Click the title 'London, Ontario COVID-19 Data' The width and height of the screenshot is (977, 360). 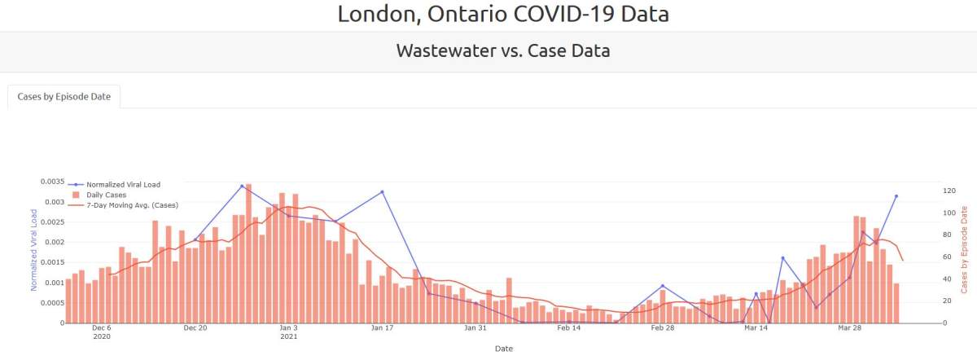point(503,14)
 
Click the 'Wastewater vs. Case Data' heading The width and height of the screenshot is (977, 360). point(503,51)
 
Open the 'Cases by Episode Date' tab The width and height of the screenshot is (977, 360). point(64,96)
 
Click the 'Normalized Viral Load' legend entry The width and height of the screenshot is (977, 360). point(123,185)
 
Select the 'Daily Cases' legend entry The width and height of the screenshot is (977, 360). point(106,195)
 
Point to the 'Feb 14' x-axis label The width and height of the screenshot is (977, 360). point(569,328)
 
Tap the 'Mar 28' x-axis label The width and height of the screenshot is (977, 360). point(849,328)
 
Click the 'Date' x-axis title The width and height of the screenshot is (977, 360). point(503,349)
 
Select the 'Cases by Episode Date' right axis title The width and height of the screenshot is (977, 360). point(964,249)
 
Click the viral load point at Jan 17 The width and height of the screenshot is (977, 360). point(382,192)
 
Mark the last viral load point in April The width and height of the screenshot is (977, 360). point(896,196)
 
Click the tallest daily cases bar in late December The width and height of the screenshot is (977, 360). point(248,254)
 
